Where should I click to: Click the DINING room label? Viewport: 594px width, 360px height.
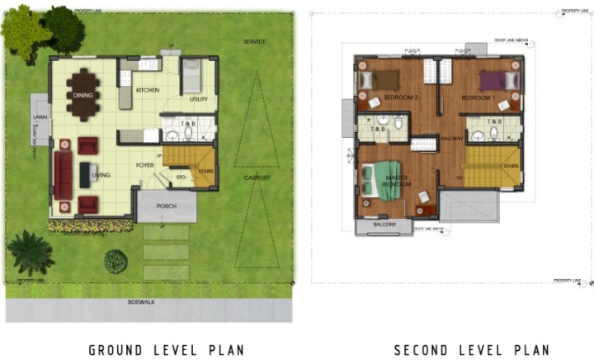82,95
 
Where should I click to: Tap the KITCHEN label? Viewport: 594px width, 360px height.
147,90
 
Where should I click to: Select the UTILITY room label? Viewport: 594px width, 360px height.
198,99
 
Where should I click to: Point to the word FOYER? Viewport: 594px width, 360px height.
146,165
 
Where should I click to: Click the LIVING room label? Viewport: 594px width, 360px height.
101,175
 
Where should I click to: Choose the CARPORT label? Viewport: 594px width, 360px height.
257,176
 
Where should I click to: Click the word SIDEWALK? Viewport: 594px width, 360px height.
141,302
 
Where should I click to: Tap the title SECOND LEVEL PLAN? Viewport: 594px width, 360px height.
471,350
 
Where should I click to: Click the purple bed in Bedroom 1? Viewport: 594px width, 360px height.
496,81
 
